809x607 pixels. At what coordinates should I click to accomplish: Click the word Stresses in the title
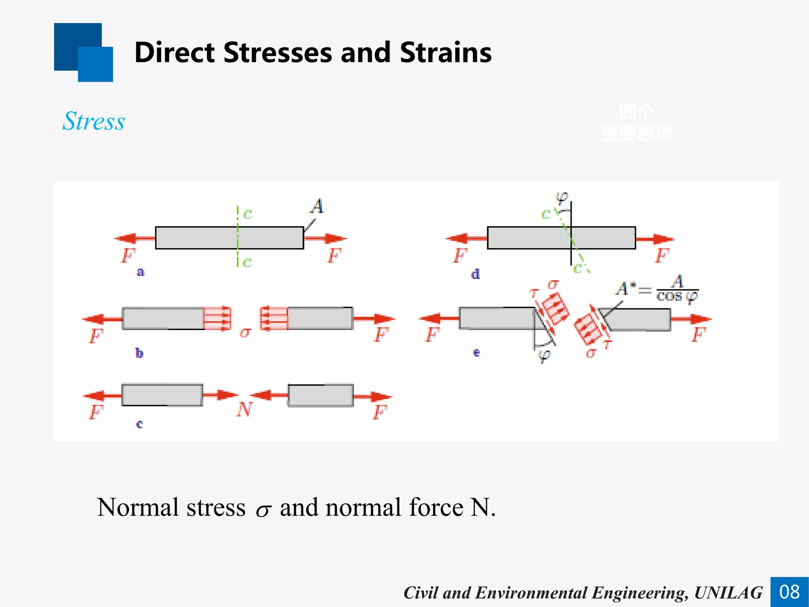(277, 53)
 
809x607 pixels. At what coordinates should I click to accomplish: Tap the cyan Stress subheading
(94, 121)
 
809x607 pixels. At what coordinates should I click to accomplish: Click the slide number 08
(789, 592)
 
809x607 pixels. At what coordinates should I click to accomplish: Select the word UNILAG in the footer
(728, 593)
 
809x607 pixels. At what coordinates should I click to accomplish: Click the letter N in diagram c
(244, 409)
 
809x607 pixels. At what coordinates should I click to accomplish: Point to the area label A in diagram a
(317, 206)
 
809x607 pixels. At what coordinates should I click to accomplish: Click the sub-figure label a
(140, 272)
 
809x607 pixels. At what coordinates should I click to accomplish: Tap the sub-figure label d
(475, 274)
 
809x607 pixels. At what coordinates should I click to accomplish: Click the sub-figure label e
(476, 352)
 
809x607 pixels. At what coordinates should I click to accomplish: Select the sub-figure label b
(139, 353)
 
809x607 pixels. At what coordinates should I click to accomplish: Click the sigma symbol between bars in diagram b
(245, 332)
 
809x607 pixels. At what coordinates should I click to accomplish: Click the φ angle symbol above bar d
(561, 197)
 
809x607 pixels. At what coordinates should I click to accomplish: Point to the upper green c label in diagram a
(247, 214)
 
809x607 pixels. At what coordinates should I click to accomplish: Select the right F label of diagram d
(662, 256)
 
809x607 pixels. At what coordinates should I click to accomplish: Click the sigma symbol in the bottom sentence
(263, 510)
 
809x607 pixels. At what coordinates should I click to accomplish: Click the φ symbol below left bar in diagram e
(544, 355)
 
